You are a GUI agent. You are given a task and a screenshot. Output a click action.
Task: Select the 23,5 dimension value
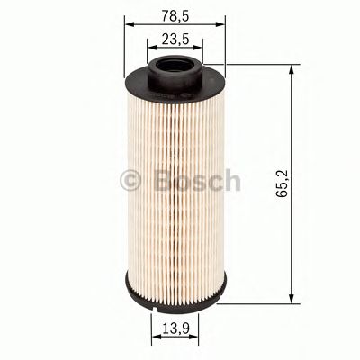tap(174, 38)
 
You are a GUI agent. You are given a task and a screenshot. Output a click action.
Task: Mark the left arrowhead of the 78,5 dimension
tap(127, 24)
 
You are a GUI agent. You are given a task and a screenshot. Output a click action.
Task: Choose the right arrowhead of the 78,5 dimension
tap(220, 24)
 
